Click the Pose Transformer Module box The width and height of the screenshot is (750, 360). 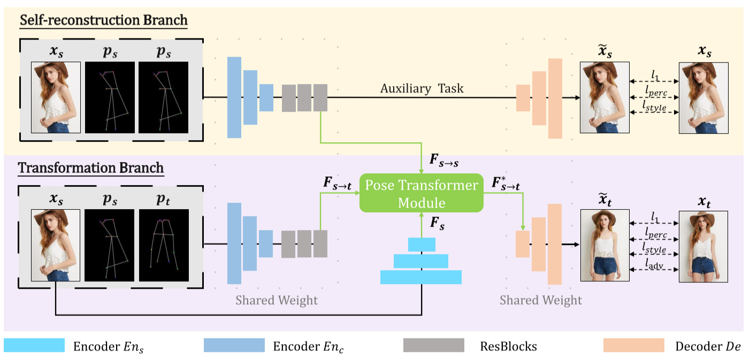point(421,194)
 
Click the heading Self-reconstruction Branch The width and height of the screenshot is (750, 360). point(103,21)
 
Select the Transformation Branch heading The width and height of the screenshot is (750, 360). point(91,167)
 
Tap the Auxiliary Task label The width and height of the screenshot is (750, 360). point(422,88)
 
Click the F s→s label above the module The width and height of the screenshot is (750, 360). point(444,161)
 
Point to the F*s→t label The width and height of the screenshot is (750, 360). point(506,185)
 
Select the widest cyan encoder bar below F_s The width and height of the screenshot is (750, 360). point(420,277)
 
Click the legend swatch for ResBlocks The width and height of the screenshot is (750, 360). point(433,345)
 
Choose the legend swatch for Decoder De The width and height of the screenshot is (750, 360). point(633,345)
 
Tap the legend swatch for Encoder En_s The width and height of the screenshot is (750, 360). point(34,345)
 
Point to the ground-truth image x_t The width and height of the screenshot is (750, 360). point(703,247)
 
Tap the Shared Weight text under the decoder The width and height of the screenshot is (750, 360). point(540,300)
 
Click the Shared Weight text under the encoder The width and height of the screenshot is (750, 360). point(277,300)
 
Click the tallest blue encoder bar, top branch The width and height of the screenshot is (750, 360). point(234,97)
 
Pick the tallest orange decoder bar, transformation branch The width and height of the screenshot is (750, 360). point(555,244)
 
